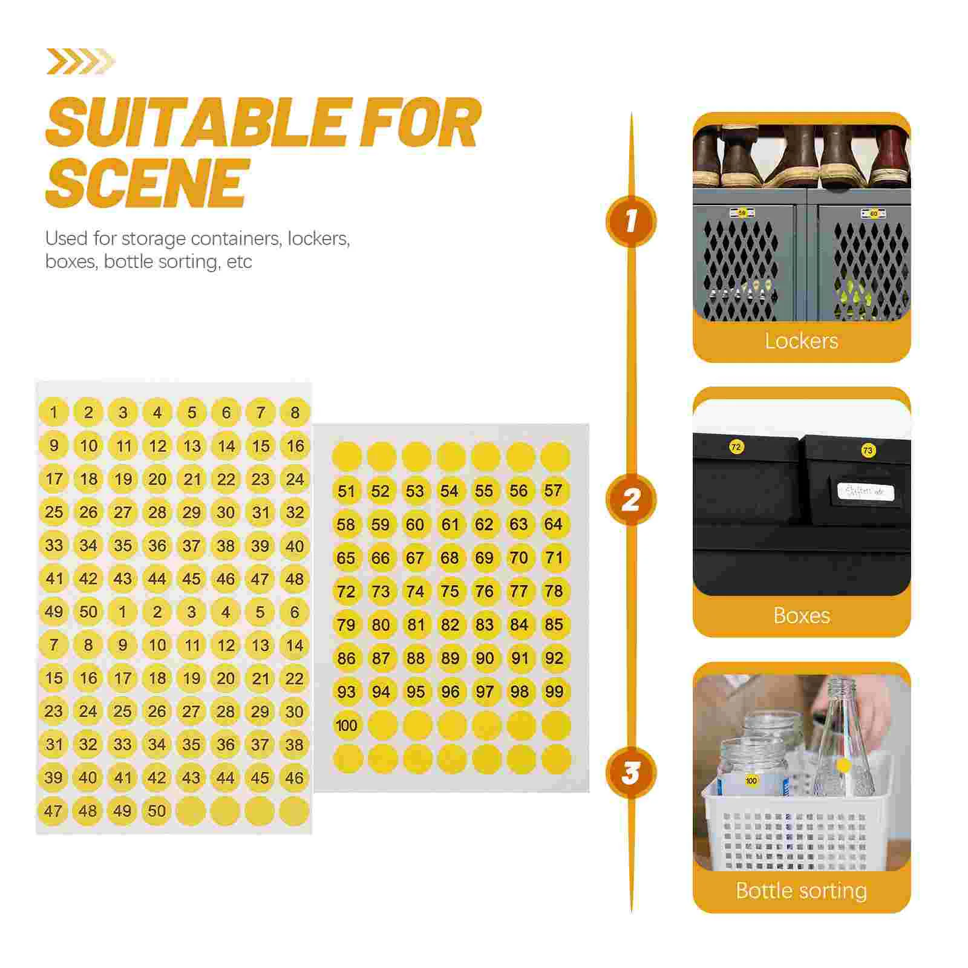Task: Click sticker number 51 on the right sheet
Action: pos(346,491)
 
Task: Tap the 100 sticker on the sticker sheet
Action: pos(347,725)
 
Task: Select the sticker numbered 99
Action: pos(554,692)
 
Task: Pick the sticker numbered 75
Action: pos(450,591)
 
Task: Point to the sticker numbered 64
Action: pos(554,524)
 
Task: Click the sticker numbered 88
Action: pos(416,658)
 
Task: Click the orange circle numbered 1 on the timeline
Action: pos(631,221)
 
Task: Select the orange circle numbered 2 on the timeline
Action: pos(631,500)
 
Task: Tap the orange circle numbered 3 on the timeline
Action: pos(631,773)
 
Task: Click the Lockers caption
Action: pos(801,341)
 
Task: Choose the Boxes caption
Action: pos(801,616)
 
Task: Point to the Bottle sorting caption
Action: pos(801,891)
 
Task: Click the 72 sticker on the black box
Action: pos(736,448)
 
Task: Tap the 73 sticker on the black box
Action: pos(868,451)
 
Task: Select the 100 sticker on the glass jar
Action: pos(751,781)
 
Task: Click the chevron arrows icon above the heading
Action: pos(80,62)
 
